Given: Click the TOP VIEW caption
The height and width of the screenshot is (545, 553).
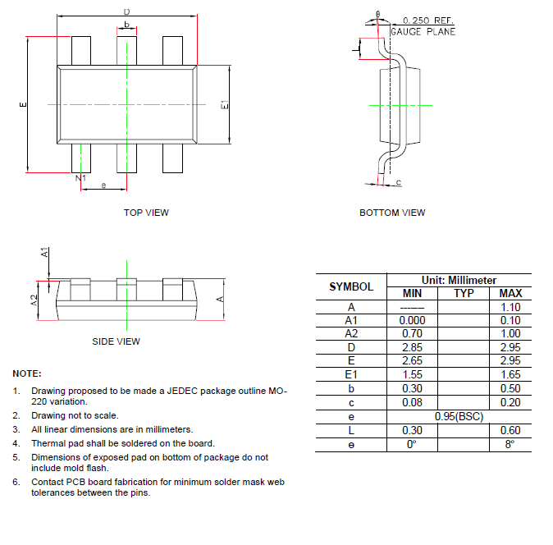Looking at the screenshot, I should [x=146, y=213].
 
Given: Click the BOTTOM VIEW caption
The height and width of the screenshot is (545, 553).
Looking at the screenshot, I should [x=392, y=213].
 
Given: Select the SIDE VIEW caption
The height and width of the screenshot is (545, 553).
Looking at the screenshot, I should [x=116, y=341].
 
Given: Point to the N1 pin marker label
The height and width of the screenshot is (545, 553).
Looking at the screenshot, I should [x=80, y=178].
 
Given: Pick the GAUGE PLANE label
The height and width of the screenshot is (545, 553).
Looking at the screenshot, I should [x=423, y=32].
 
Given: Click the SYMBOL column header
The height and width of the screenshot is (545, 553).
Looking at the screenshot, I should [x=350, y=287].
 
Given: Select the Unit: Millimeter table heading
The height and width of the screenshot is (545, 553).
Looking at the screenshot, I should [x=459, y=280].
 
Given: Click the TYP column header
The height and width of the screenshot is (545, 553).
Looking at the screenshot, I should [x=464, y=293].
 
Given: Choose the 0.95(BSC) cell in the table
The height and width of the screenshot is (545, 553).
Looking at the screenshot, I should [x=459, y=417].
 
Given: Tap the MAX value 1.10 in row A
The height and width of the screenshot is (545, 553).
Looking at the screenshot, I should [x=510, y=307].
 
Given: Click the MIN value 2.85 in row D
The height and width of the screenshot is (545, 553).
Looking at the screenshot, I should [x=411, y=348].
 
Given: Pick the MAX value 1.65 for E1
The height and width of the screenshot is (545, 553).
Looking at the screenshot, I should [x=510, y=375].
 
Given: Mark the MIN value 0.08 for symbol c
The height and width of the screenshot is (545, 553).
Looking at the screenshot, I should [x=411, y=403].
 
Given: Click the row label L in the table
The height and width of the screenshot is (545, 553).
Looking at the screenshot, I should [x=350, y=430].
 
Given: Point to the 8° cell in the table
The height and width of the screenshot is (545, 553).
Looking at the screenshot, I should [x=510, y=444].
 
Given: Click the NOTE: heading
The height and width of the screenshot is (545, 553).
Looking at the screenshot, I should [x=27, y=373].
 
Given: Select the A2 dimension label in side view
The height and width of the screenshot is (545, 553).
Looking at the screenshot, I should [x=34, y=300].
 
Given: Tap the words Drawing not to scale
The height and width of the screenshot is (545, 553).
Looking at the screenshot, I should [x=75, y=415].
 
